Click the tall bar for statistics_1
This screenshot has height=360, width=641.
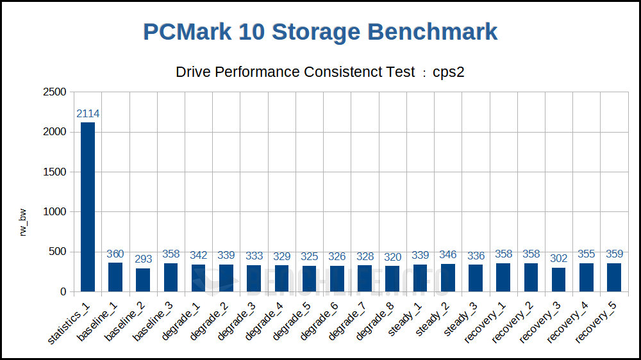pyautogui.click(x=88, y=207)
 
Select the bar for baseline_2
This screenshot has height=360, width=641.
pyautogui.click(x=143, y=280)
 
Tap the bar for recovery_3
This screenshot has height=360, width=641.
pyautogui.click(x=559, y=279)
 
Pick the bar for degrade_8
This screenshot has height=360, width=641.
pyautogui.click(x=393, y=279)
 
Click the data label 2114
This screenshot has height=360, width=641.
pyautogui.click(x=88, y=114)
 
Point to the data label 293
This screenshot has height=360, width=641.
pyautogui.click(x=143, y=259)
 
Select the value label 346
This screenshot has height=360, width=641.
pyautogui.click(x=448, y=255)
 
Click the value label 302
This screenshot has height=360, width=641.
pyautogui.click(x=559, y=259)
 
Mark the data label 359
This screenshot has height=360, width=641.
pyautogui.click(x=614, y=254)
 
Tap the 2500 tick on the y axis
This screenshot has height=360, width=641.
pyautogui.click(x=54, y=92)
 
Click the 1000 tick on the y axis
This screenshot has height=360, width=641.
pyautogui.click(x=54, y=212)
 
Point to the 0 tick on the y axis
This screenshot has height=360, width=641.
pyautogui.click(x=63, y=292)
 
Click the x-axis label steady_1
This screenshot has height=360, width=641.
pyautogui.click(x=402, y=324)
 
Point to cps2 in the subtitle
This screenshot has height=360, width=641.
pyautogui.click(x=448, y=72)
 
